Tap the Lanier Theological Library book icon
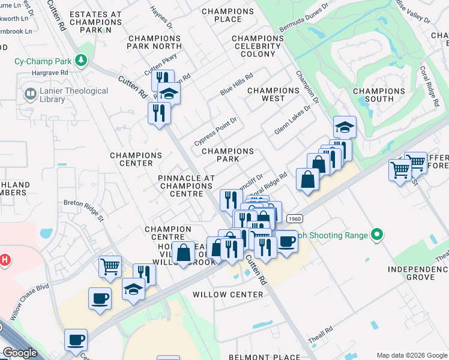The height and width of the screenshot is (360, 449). pyautogui.click(x=29, y=94)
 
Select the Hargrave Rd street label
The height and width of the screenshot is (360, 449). pyautogui.click(x=51, y=72)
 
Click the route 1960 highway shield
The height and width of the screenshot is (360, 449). pyautogui.click(x=294, y=219)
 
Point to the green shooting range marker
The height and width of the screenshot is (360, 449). pyautogui.click(x=377, y=235)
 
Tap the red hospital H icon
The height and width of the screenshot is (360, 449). pyautogui.click(x=5, y=260)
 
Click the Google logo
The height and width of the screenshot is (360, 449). pyautogui.click(x=20, y=353)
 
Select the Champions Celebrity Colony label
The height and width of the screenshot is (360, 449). pyautogui.click(x=258, y=47)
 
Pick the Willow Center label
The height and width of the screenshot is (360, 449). pyautogui.click(x=228, y=295)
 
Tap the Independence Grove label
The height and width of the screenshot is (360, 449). pyautogui.click(x=418, y=273)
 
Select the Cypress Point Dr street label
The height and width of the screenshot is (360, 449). pyautogui.click(x=216, y=131)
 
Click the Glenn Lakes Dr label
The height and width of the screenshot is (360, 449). pyautogui.click(x=292, y=121)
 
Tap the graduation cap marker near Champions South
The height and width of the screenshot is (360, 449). pyautogui.click(x=345, y=127)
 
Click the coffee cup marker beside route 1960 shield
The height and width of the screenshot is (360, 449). pyautogui.click(x=286, y=242)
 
